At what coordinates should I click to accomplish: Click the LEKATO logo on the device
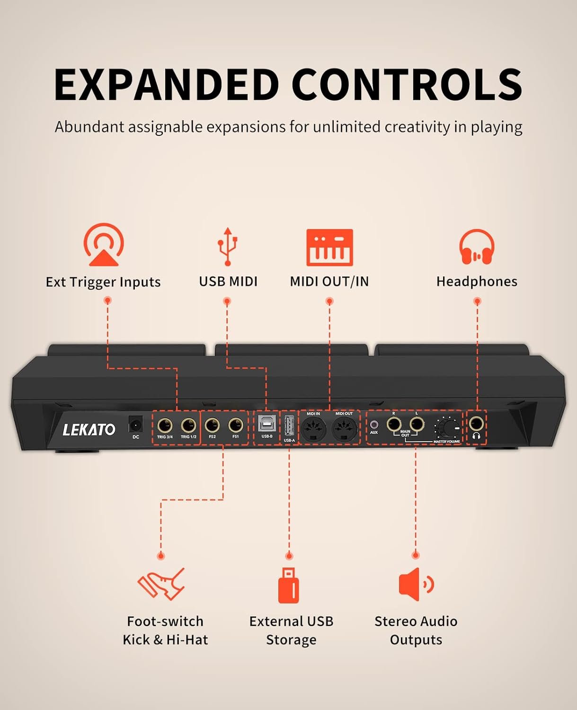tap(89, 430)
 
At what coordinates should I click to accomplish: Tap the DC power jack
tap(135, 425)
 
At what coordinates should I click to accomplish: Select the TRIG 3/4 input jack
tap(165, 426)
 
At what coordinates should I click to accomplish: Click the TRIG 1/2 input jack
tap(188, 426)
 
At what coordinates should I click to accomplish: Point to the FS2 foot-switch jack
tap(212, 426)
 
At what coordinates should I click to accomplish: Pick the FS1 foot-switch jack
tap(236, 426)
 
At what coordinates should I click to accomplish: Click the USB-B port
tap(266, 424)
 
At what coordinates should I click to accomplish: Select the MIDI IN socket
tap(313, 428)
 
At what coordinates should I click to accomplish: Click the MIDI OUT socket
tap(344, 428)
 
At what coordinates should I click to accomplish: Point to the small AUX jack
tap(374, 425)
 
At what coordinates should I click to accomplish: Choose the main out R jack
tap(394, 424)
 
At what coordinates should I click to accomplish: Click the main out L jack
tap(417, 424)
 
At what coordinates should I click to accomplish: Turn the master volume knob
tap(448, 428)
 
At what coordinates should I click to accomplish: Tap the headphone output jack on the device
tap(476, 424)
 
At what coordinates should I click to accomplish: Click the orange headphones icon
tap(477, 247)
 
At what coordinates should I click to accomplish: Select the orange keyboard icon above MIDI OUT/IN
tap(329, 248)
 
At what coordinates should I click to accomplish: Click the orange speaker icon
tap(417, 585)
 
